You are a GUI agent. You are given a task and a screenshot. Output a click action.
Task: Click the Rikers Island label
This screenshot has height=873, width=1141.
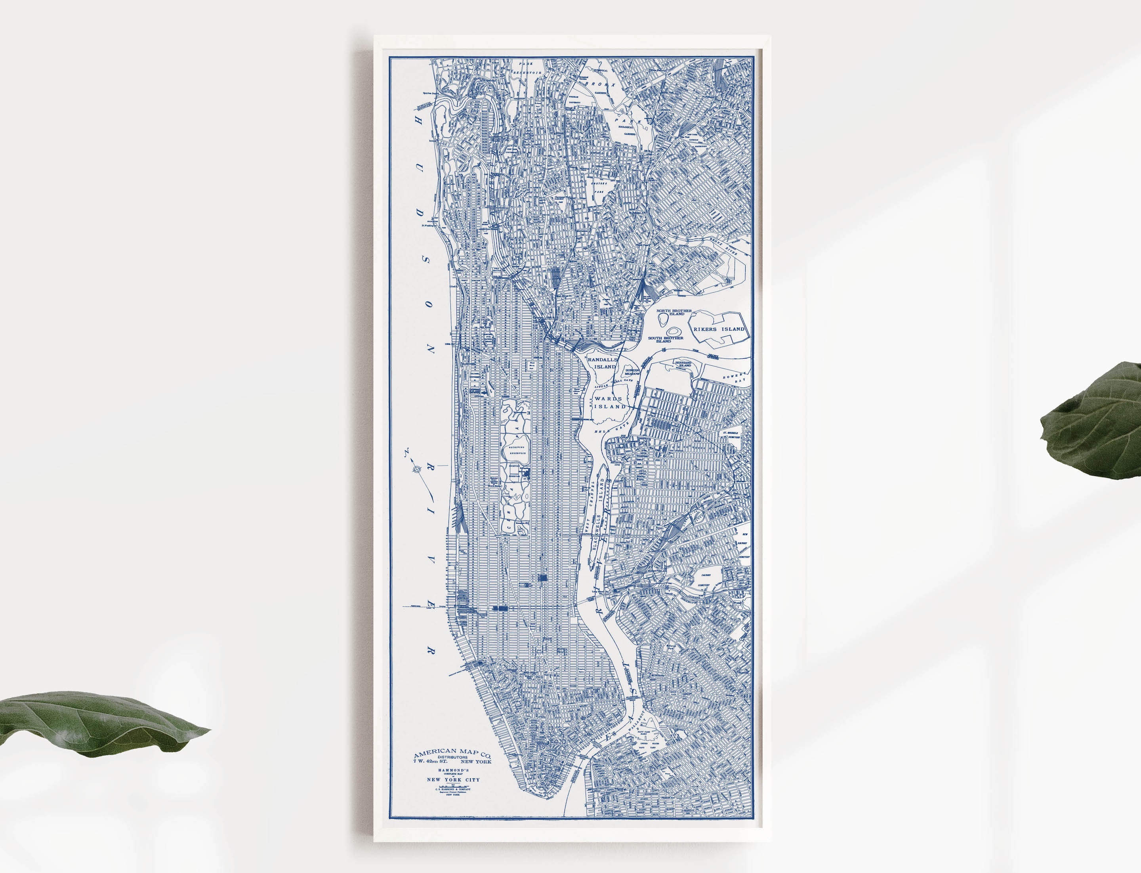point(719,329)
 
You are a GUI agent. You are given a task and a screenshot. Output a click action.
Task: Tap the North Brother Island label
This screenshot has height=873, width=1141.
point(674,312)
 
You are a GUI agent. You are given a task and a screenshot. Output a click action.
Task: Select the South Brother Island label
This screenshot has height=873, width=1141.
point(666,339)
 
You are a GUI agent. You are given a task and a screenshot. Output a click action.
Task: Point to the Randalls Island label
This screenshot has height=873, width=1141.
point(603,363)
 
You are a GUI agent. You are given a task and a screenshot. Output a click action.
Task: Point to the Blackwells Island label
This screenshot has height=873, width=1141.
point(599,525)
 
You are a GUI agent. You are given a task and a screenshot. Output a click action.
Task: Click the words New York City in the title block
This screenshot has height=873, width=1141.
point(453,779)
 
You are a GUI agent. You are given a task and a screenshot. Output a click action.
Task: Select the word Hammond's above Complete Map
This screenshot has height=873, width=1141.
point(453,770)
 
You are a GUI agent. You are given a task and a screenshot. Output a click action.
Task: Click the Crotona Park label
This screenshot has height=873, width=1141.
point(599,187)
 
